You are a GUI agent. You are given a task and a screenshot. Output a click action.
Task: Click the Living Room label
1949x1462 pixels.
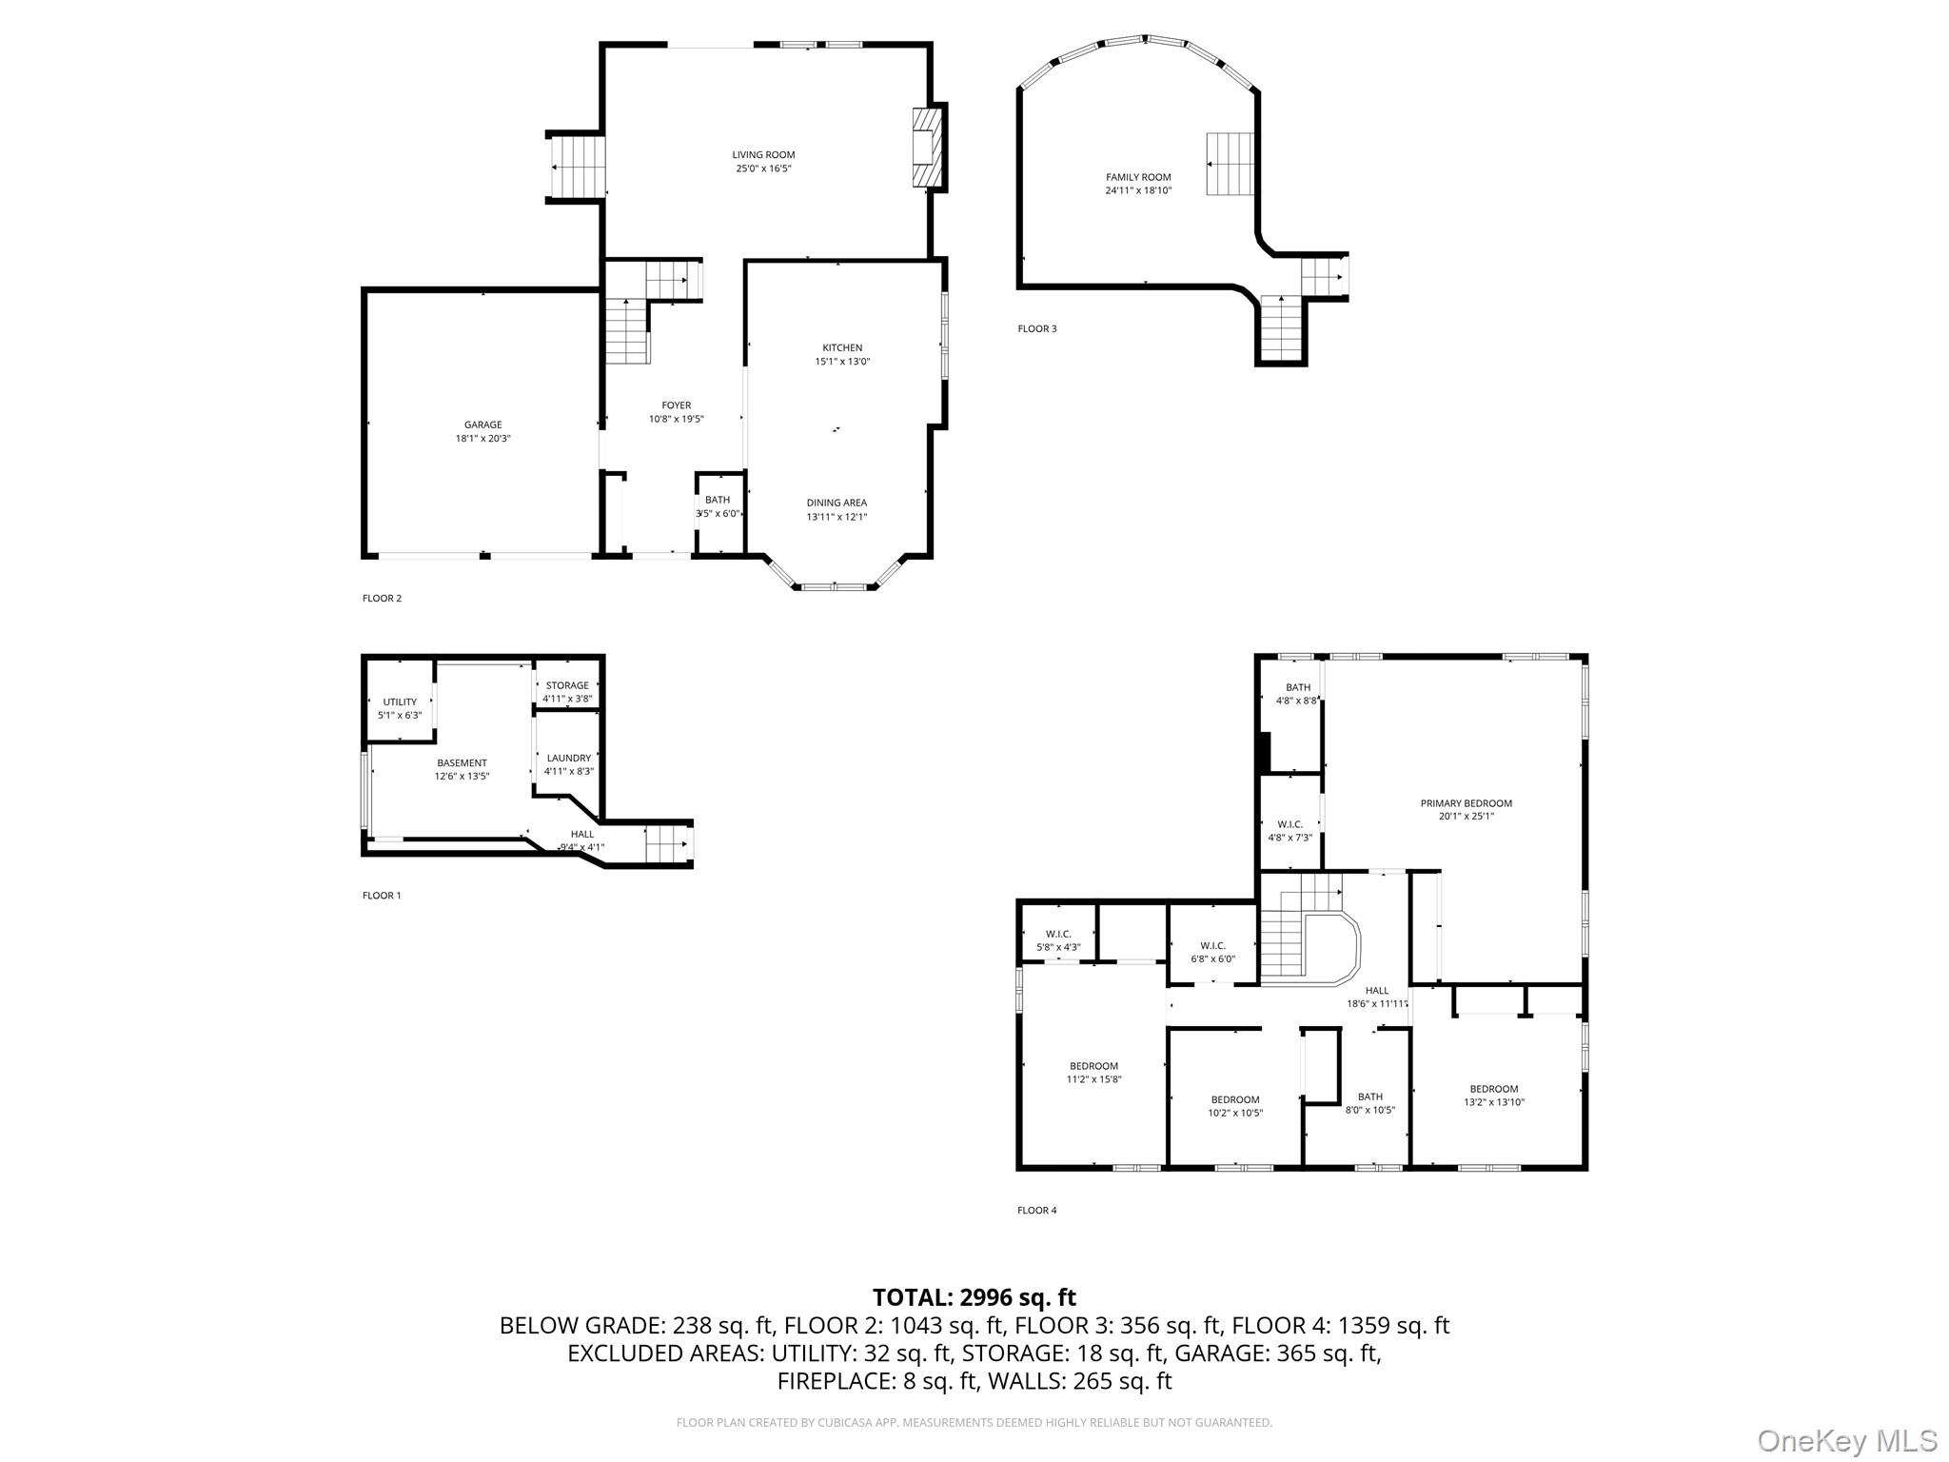tap(763, 155)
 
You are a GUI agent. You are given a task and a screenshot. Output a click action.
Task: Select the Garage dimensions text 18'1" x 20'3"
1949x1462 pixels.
tap(482, 439)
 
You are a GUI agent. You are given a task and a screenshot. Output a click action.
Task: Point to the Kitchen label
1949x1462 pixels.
tap(842, 348)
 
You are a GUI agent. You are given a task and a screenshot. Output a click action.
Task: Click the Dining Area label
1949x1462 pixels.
tap(837, 504)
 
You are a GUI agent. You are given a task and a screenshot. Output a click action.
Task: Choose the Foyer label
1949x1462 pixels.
tap(677, 405)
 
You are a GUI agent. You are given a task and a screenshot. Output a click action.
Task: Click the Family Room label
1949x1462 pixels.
tap(1138, 177)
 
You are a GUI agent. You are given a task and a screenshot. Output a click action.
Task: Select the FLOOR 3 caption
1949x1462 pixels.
tap(1036, 329)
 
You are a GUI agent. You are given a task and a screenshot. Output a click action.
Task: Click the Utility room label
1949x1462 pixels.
tap(400, 702)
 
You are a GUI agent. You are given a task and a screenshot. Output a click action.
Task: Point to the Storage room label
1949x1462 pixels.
tap(567, 685)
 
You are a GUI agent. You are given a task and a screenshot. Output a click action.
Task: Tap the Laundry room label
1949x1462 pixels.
tap(568, 759)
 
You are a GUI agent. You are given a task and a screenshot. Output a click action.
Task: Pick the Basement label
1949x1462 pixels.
tap(462, 763)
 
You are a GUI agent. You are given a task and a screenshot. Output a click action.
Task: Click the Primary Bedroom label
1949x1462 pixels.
tap(1466, 803)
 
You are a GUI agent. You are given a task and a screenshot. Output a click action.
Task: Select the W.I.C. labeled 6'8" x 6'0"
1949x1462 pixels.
tap(1212, 952)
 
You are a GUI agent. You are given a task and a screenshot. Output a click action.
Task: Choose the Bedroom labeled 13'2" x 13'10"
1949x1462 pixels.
tap(1493, 1096)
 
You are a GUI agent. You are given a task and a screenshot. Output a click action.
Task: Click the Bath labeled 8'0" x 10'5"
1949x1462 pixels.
tap(1369, 1103)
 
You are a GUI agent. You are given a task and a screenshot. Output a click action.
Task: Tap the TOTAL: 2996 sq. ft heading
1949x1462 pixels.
tap(974, 1297)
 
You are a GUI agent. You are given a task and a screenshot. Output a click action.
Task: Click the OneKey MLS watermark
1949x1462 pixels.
tap(1846, 1440)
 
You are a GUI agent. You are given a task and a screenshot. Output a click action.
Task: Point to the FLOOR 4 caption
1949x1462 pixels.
tap(1036, 1211)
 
